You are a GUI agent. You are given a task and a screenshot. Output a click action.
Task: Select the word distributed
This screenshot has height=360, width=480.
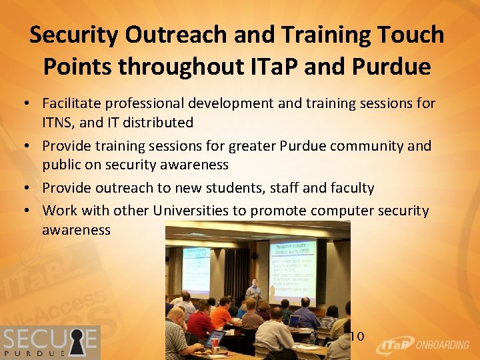coord(161,123)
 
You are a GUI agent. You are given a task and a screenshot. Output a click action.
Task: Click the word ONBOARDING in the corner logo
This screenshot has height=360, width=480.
coord(443,345)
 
